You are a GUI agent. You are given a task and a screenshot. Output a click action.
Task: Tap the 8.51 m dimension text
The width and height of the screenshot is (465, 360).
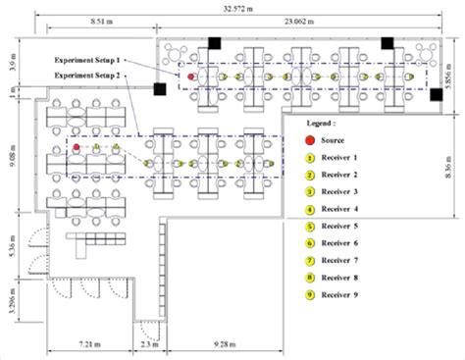pos(98,20)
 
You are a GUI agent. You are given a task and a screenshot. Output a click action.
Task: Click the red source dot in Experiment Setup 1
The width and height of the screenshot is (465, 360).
pos(191,76)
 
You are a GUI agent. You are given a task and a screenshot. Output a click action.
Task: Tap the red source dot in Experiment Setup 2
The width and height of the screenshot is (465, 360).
pos(76,148)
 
